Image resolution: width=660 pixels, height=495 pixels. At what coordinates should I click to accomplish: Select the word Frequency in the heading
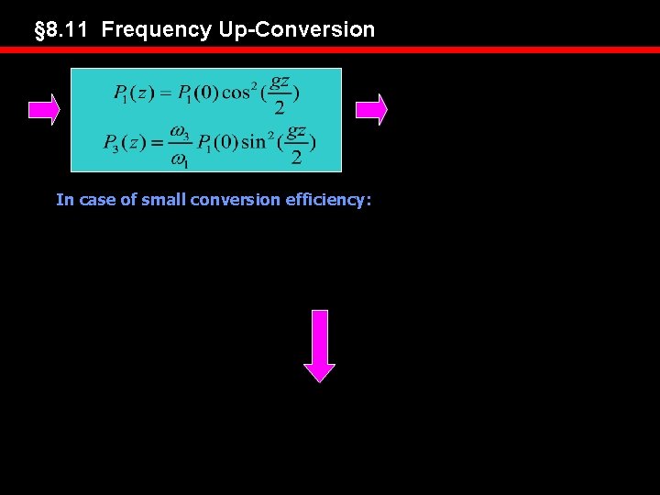pos(157,29)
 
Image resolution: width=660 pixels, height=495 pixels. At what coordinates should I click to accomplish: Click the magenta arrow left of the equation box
pos(43,109)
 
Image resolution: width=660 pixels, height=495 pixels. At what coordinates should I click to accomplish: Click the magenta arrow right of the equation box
pos(371,109)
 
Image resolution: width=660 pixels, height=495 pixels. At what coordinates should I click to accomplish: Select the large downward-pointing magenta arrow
pos(320,346)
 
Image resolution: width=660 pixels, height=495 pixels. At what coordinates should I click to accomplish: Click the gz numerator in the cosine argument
pos(280,82)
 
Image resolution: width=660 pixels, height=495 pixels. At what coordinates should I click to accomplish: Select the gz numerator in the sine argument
pos(296,132)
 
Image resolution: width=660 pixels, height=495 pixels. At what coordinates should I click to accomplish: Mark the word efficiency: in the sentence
pos(327,199)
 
